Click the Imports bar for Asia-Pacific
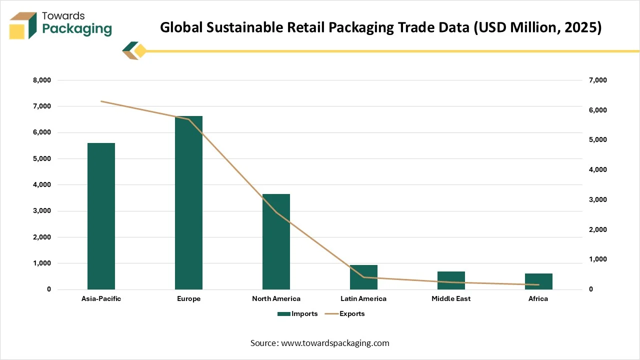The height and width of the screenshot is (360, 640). point(101,216)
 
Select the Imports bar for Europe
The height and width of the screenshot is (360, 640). point(188,202)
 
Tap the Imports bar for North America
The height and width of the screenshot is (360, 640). point(276,241)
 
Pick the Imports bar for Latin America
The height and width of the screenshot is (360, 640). point(363,277)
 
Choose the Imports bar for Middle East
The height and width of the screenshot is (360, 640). point(451,280)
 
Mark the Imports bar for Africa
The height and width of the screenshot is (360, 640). point(538,281)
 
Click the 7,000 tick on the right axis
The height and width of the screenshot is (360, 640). point(597,80)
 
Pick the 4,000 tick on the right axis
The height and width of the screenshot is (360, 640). point(597,170)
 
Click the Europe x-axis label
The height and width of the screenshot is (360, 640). point(188,299)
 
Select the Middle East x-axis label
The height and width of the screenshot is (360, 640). point(451,299)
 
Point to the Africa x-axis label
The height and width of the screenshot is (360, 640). point(538,299)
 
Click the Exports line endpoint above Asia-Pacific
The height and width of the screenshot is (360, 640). point(101,101)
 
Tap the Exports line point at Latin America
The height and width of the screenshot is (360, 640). point(363,277)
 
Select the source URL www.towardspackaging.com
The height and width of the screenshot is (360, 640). point(334,343)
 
